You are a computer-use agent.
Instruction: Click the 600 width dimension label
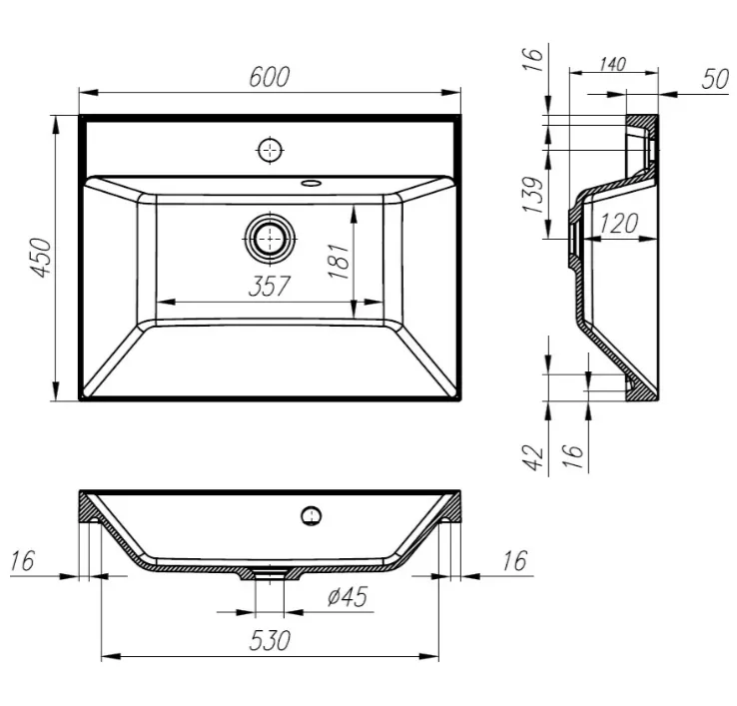click(x=270, y=77)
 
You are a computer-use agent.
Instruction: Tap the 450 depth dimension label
click(x=41, y=258)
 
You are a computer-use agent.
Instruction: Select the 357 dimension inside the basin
click(x=270, y=286)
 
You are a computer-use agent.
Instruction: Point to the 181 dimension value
click(x=339, y=261)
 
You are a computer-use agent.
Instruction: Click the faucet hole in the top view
click(x=271, y=151)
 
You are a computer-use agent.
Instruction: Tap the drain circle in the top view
click(x=271, y=239)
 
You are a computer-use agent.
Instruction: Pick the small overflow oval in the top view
click(x=311, y=182)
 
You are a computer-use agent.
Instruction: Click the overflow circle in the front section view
click(x=311, y=516)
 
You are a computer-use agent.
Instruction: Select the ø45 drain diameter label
click(x=348, y=597)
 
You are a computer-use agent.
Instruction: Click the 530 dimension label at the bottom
click(x=270, y=640)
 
